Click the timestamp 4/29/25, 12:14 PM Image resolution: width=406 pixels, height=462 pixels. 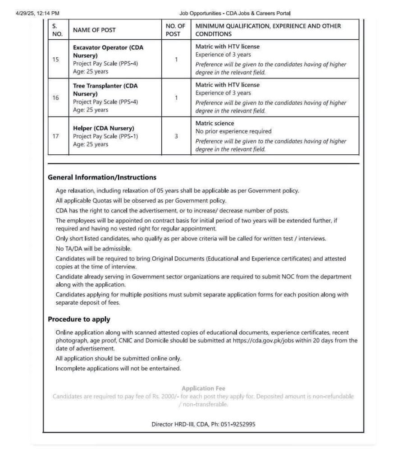[x=38, y=14]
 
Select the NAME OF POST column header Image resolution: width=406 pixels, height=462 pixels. [x=94, y=30]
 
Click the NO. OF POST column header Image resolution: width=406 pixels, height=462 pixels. [x=175, y=30]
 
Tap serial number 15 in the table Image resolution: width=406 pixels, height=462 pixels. [x=55, y=59]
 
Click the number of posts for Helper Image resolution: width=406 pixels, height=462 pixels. [x=176, y=136]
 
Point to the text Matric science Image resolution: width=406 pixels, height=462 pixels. [x=214, y=123]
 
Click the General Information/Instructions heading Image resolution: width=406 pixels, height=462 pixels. [x=102, y=177]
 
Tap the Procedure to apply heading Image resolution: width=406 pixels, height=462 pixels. [x=79, y=319]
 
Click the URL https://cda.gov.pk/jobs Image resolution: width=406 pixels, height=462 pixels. [x=262, y=341]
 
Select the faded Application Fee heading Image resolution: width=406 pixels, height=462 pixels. [x=203, y=388]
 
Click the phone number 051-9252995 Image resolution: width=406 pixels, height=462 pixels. [x=238, y=424]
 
